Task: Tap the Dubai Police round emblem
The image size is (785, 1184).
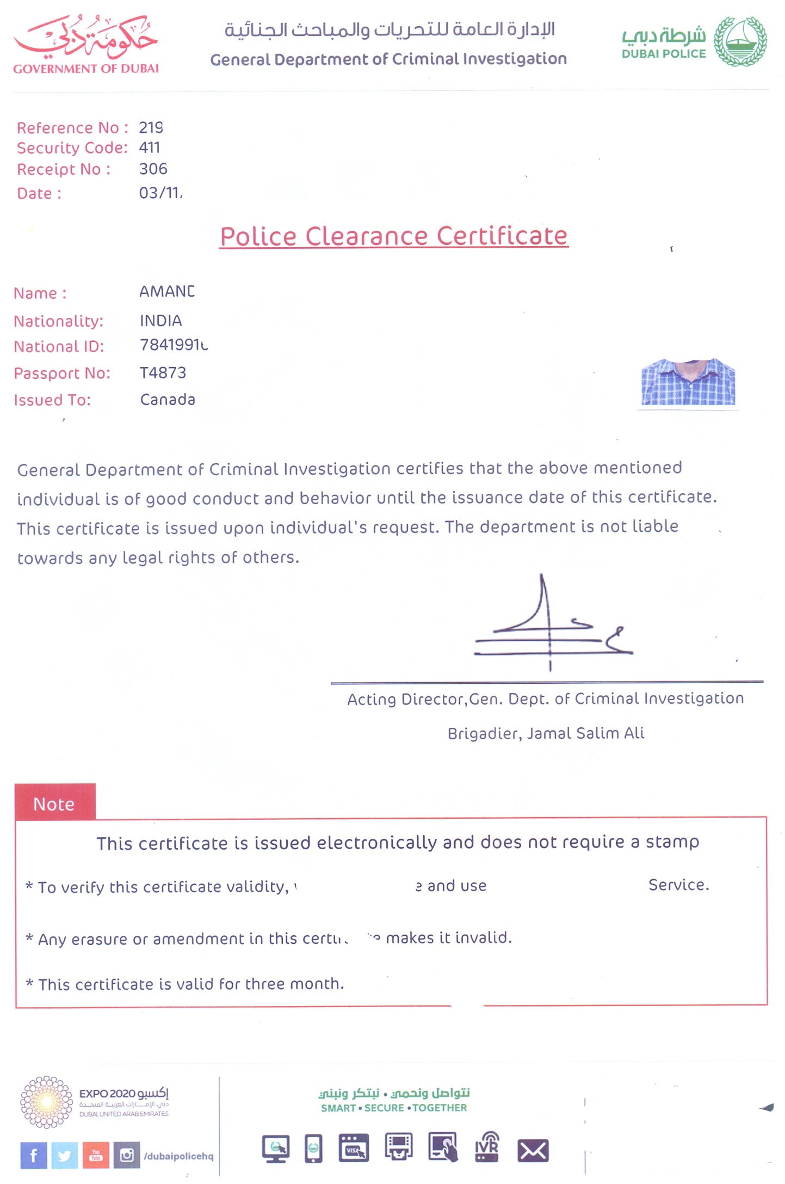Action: tap(740, 41)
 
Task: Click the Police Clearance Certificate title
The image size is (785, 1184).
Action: tap(393, 236)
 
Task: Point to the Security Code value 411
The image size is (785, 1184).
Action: tap(150, 148)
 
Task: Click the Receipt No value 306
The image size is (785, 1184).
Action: tap(153, 169)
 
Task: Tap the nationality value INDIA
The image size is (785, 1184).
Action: tap(160, 321)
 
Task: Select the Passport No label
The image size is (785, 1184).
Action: tap(62, 373)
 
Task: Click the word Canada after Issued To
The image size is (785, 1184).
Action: tap(168, 400)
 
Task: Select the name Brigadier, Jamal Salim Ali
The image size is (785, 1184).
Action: tap(546, 733)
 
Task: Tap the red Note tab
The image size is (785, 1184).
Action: tap(55, 803)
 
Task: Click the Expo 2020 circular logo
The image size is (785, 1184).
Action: tap(46, 1102)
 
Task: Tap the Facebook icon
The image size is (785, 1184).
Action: tap(34, 1155)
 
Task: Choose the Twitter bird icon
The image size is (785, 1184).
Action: tap(65, 1155)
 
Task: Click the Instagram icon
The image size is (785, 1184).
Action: tap(127, 1155)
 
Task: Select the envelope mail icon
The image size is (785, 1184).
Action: tap(533, 1151)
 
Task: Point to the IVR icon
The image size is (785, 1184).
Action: tap(487, 1147)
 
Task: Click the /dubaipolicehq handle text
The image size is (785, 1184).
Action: tap(178, 1156)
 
